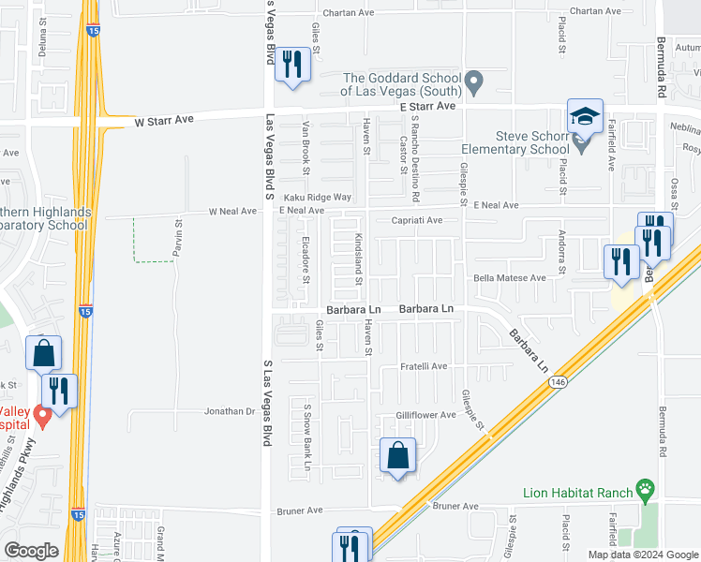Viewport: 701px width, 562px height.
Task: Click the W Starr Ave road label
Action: [x=164, y=121]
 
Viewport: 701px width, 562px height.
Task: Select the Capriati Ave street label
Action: [x=417, y=221]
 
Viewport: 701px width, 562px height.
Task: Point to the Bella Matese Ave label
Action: [x=509, y=278]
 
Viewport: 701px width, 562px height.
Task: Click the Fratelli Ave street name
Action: [x=425, y=366]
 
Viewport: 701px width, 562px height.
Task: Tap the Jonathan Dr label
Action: [x=231, y=411]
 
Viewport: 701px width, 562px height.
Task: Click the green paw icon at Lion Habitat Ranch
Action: [x=645, y=488]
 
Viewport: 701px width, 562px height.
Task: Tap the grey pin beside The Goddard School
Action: [x=474, y=83]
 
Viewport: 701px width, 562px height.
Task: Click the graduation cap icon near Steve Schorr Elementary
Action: [x=585, y=116]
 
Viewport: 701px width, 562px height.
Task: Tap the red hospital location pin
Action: [x=41, y=413]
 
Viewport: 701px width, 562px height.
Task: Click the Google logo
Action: [x=31, y=551]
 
